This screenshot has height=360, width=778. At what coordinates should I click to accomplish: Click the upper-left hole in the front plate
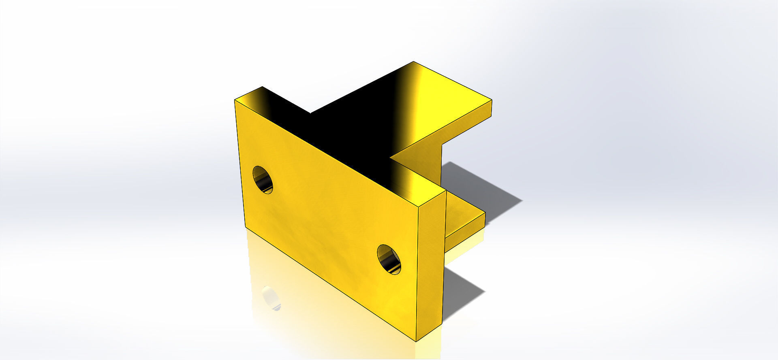[x=263, y=179]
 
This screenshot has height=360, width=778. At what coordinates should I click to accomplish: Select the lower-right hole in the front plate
[x=389, y=259]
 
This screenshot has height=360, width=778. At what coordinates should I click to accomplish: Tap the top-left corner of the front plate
[x=235, y=100]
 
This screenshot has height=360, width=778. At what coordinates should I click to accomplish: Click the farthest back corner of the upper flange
[x=413, y=62]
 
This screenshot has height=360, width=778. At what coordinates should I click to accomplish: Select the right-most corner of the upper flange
[x=492, y=99]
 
